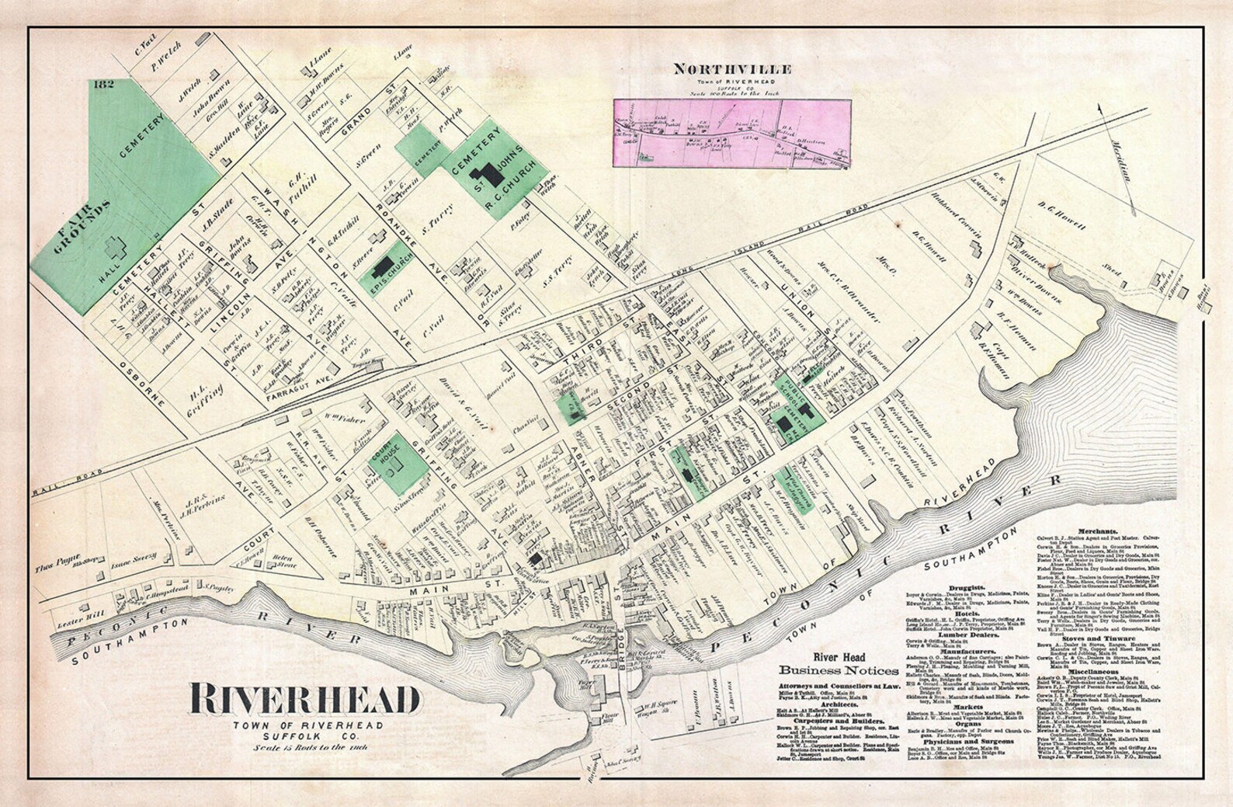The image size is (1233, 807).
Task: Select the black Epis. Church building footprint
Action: click(382, 269)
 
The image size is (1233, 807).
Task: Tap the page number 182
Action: click(102, 83)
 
